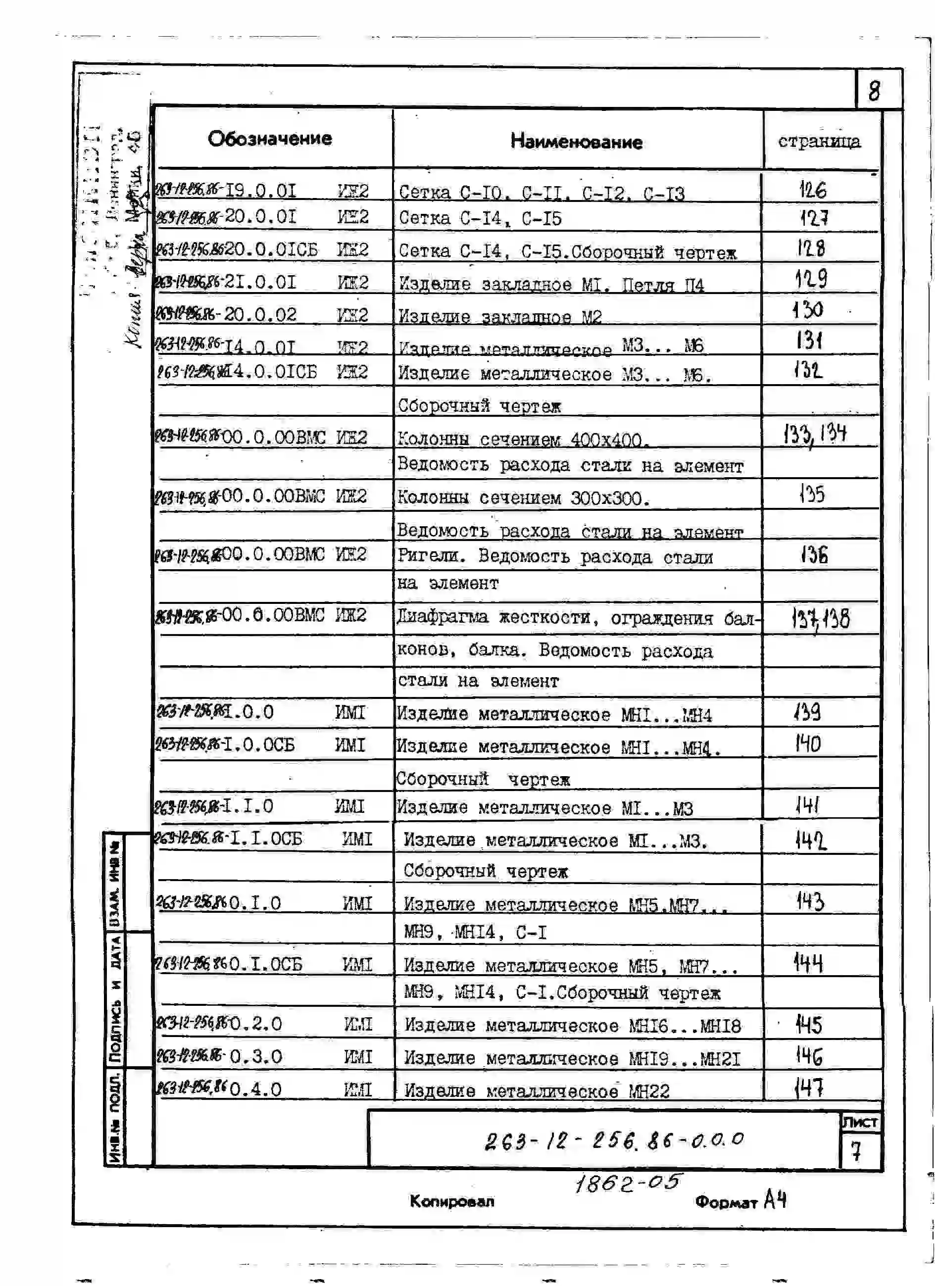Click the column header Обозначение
[270, 139]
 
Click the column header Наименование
[576, 141]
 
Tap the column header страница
[819, 141]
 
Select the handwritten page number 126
[813, 190]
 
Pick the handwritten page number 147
[809, 1088]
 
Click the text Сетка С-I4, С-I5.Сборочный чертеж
[567, 251]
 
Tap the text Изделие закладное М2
[499, 316]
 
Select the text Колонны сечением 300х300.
[523, 498]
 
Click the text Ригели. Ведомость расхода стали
[554, 556]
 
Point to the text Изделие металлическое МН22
[537, 1091]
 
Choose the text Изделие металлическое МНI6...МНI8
[572, 1026]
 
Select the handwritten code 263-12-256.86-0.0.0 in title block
[613, 1141]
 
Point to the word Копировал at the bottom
[452, 1201]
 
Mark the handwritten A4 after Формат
[775, 1199]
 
